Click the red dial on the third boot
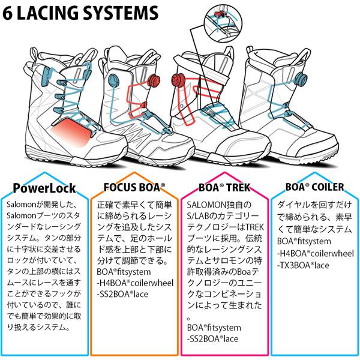point(178,78)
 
